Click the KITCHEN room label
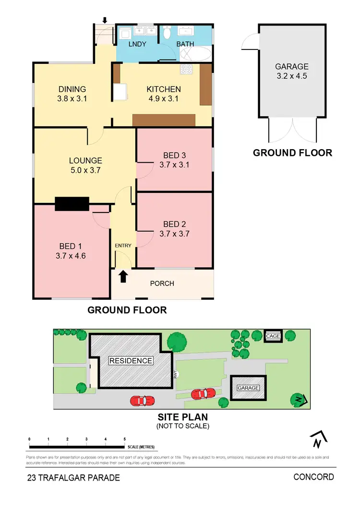(x=164, y=89)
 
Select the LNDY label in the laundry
(x=137, y=44)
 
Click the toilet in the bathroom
(x=167, y=33)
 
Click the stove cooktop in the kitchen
(x=186, y=70)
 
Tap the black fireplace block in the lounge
(x=72, y=204)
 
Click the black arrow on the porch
(x=123, y=276)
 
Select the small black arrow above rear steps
(x=105, y=20)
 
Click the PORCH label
(x=162, y=284)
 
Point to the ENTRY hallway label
(x=123, y=246)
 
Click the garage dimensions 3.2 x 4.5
(x=291, y=76)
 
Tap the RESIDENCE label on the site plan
(x=131, y=361)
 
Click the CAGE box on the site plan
(x=273, y=336)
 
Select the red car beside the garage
(x=203, y=394)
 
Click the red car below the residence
(x=142, y=400)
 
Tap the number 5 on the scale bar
(x=124, y=439)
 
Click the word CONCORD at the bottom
(x=313, y=477)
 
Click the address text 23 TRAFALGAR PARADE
(x=73, y=478)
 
